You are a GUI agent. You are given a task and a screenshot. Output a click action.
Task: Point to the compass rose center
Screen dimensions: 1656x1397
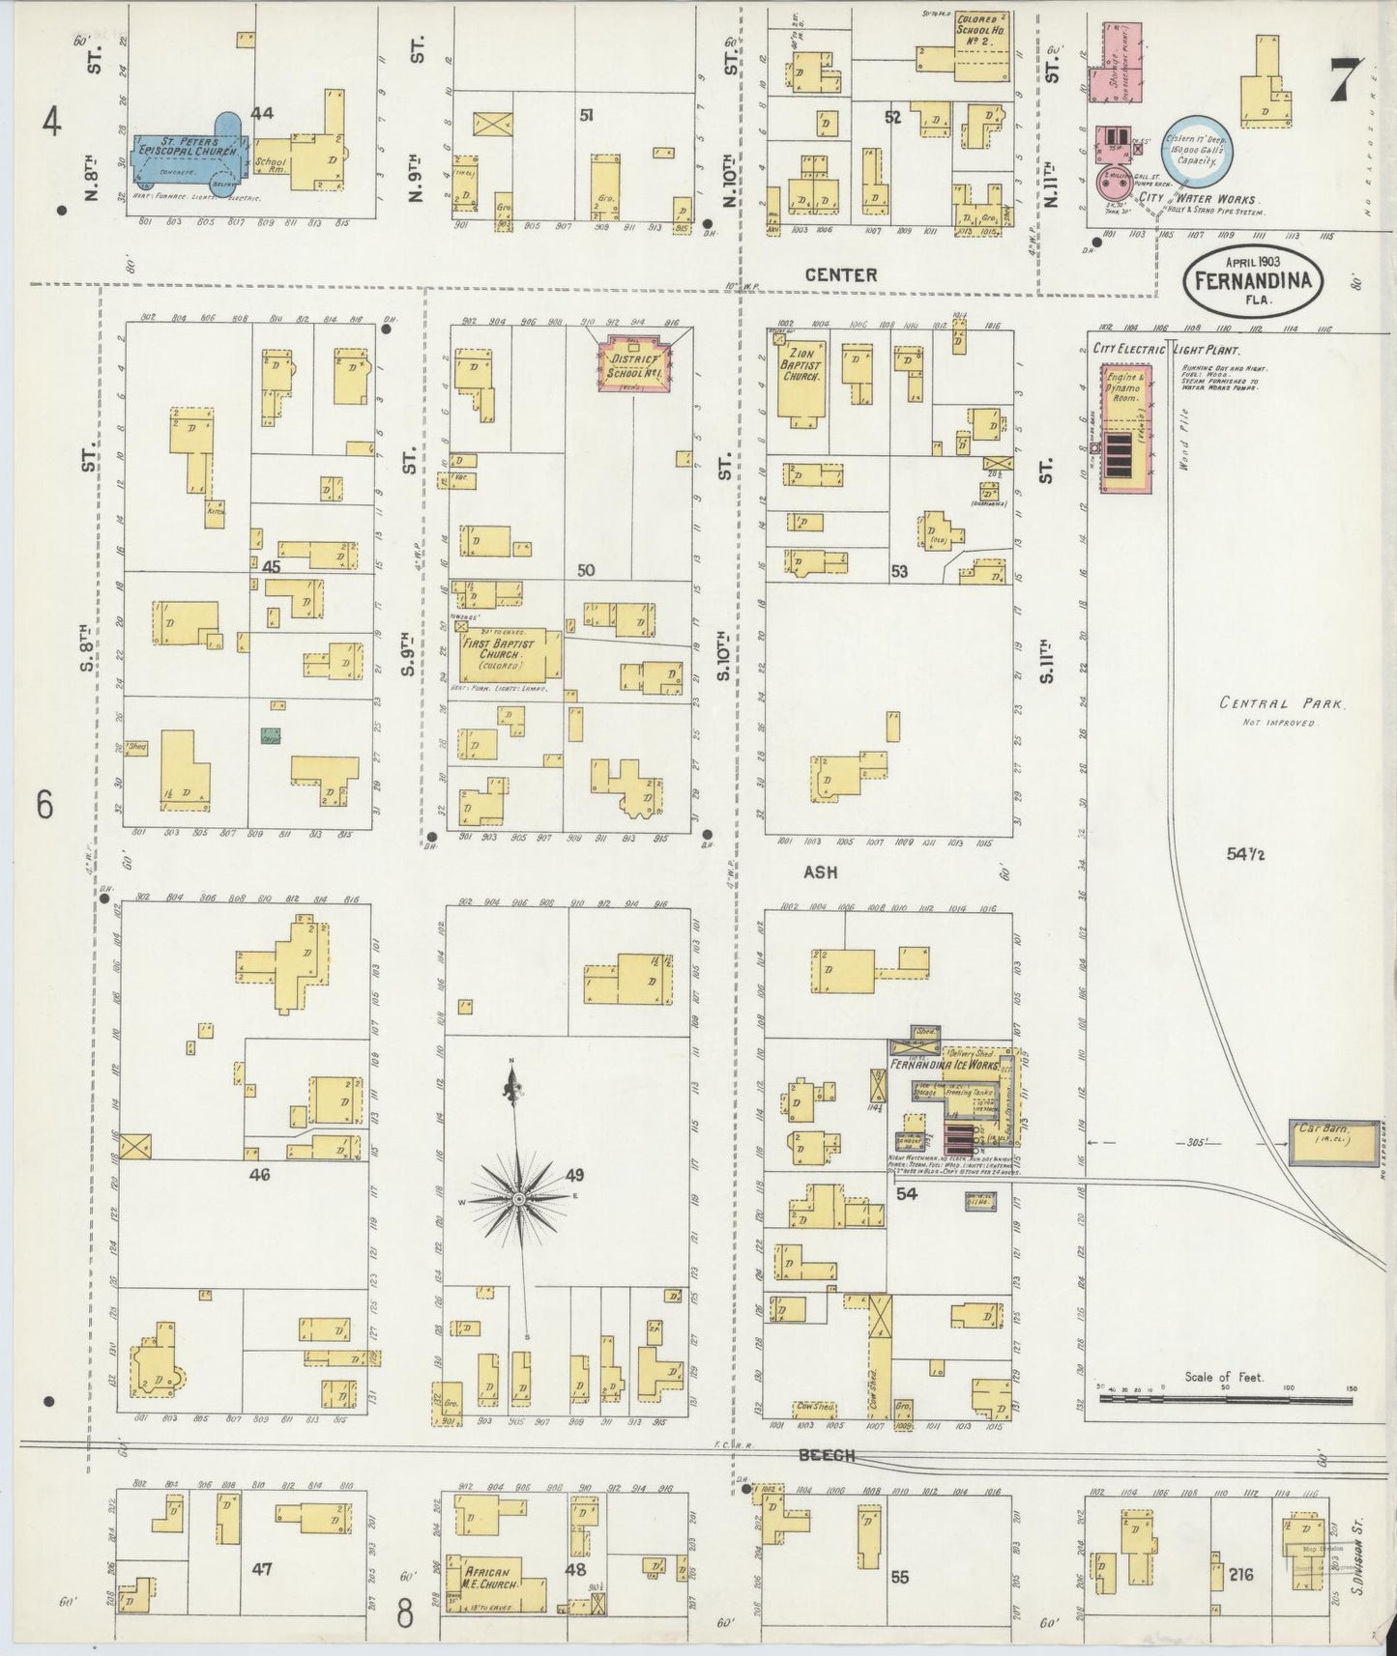tap(519, 1198)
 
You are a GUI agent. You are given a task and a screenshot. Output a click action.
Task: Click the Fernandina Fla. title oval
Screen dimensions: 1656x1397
tap(1253, 280)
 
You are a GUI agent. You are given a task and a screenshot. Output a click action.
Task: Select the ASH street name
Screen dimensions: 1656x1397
tap(819, 871)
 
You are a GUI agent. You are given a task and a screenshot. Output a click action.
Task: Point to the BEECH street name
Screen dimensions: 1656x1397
tap(827, 1455)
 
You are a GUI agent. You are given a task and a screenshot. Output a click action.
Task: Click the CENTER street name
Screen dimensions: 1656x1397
tap(841, 275)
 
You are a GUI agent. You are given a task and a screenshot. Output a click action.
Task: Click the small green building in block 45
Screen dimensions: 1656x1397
tap(271, 735)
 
